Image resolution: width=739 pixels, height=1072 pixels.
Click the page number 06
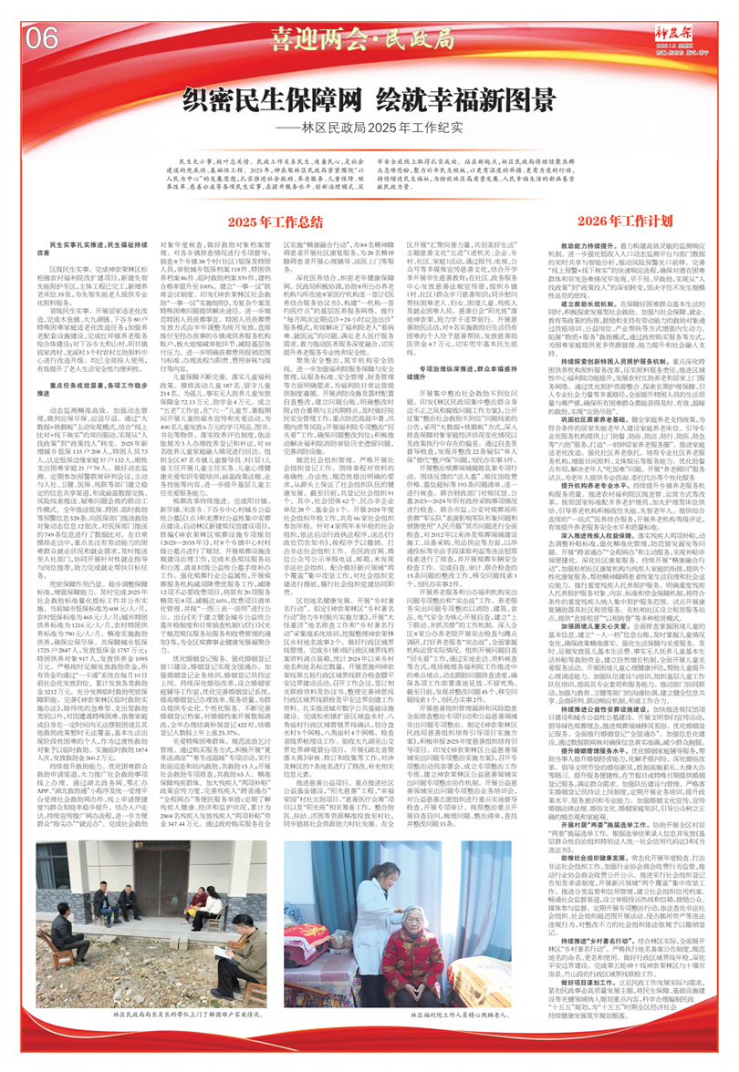(x=42, y=38)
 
